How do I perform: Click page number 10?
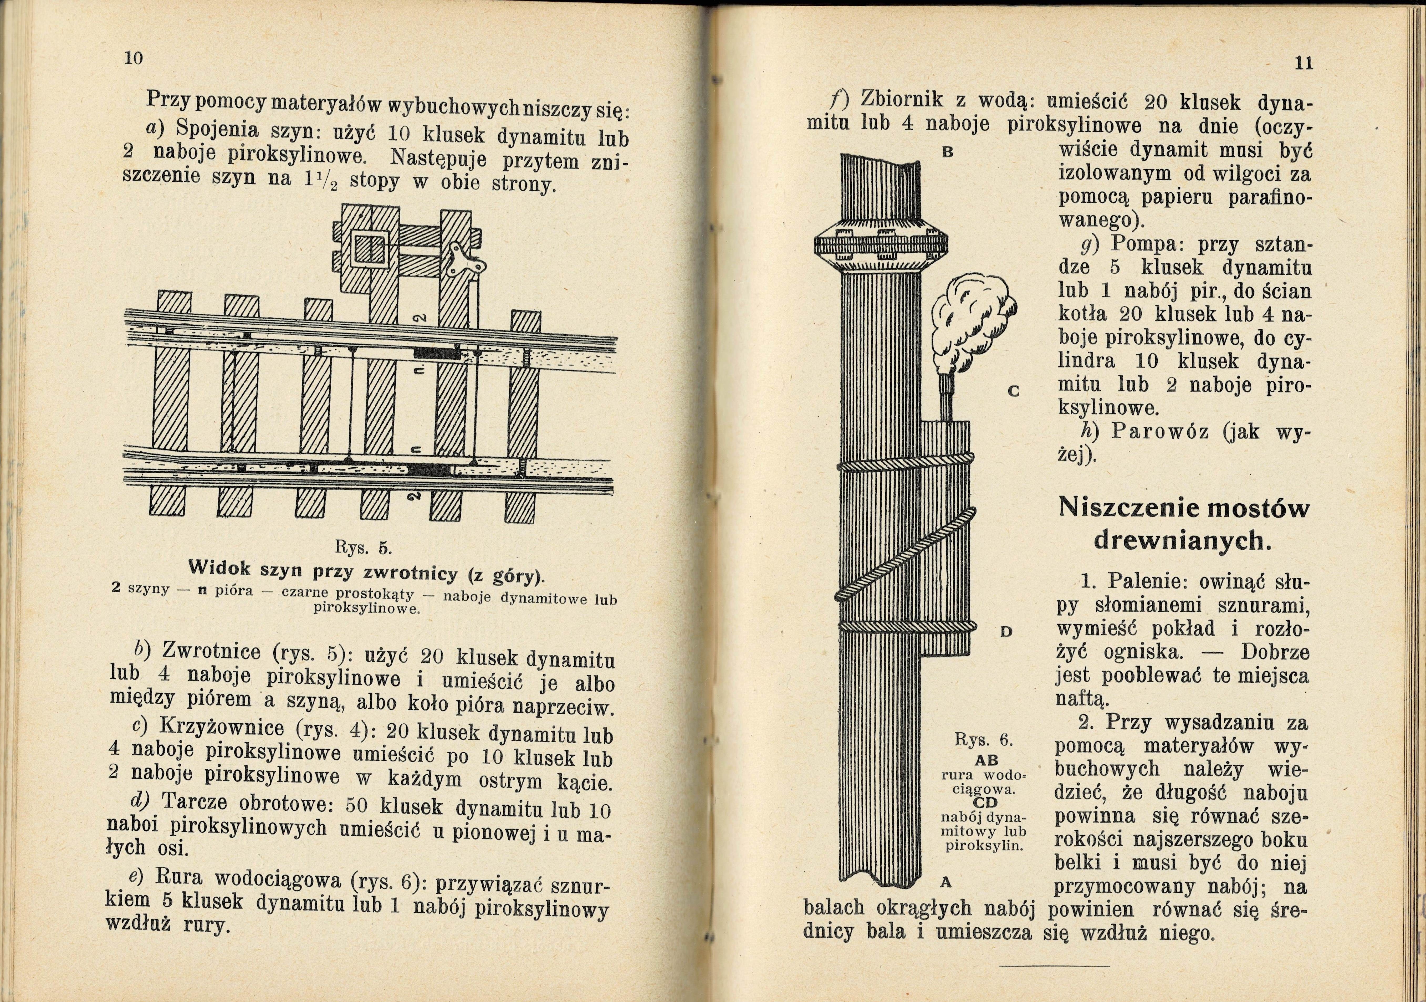(x=134, y=58)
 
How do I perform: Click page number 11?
(x=1303, y=63)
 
